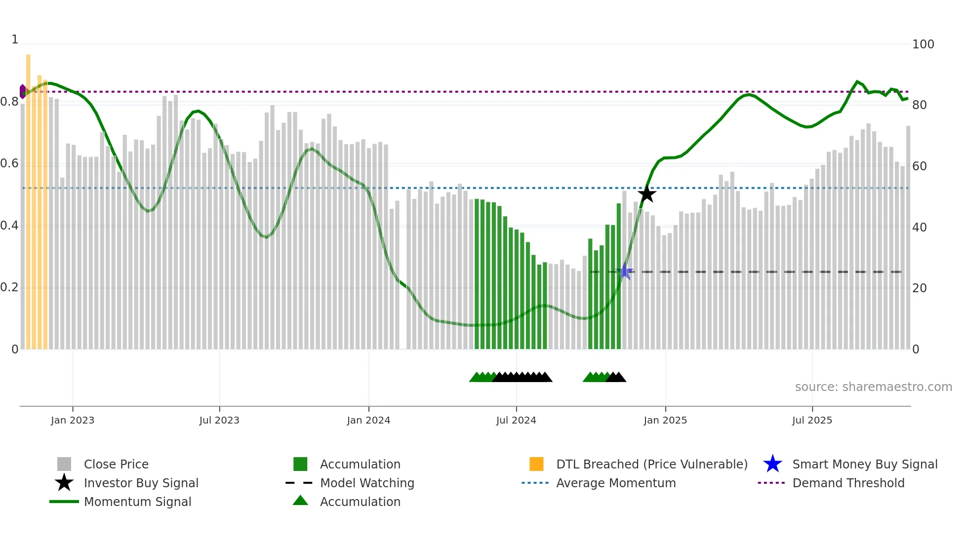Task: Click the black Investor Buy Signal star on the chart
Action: pyautogui.click(x=646, y=194)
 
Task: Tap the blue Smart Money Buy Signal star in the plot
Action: pyautogui.click(x=625, y=271)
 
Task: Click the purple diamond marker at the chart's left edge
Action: pyautogui.click(x=23, y=91)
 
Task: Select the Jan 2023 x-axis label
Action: pyautogui.click(x=73, y=420)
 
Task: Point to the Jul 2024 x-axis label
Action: pyautogui.click(x=516, y=420)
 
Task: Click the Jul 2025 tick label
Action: pyautogui.click(x=812, y=420)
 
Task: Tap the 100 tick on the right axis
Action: pyautogui.click(x=923, y=44)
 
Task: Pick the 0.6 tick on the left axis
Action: pyautogui.click(x=10, y=163)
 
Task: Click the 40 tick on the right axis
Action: pyautogui.click(x=919, y=228)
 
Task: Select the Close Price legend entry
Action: pyautogui.click(x=116, y=464)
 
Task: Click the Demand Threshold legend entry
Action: pyautogui.click(x=848, y=483)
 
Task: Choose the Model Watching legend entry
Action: pyautogui.click(x=367, y=483)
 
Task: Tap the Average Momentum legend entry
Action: pyautogui.click(x=616, y=483)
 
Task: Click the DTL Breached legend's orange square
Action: pyautogui.click(x=536, y=464)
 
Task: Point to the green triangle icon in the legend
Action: pyautogui.click(x=300, y=501)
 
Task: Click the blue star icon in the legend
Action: pyautogui.click(x=772, y=464)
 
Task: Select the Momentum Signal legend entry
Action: pyautogui.click(x=137, y=502)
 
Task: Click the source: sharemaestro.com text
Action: pyautogui.click(x=873, y=387)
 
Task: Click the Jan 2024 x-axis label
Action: pyautogui.click(x=368, y=420)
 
